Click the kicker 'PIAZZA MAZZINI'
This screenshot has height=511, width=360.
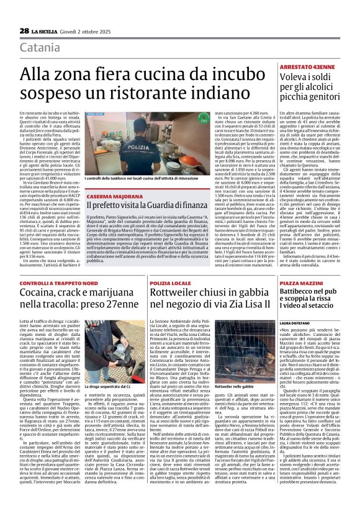pyautogui.click(x=298, y=283)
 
